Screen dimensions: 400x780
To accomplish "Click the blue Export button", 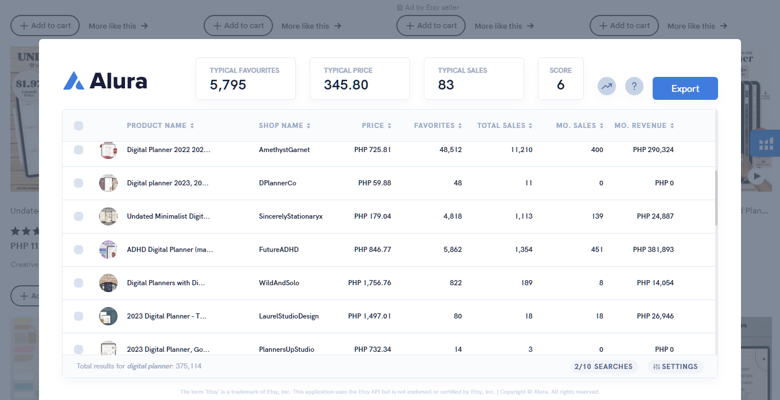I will click(685, 88).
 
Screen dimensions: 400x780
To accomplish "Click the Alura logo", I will click(105, 81).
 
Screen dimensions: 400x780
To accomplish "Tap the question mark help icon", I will click(634, 87).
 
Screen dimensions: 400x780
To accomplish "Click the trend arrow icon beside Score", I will click(606, 87).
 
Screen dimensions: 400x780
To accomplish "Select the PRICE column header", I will click(376, 126).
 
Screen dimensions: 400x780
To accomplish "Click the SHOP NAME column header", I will click(284, 126).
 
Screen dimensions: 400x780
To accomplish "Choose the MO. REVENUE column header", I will click(643, 126).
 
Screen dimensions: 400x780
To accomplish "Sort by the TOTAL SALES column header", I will click(504, 126).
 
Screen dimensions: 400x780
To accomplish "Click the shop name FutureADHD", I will click(279, 250).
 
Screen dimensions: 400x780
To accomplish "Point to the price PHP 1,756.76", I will click(369, 283).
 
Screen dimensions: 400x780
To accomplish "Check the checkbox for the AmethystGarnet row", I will click(79, 150).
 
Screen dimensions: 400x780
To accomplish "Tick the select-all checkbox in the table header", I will click(79, 126).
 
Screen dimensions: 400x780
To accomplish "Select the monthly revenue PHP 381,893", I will click(653, 250).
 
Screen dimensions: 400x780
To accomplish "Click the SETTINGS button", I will click(675, 367).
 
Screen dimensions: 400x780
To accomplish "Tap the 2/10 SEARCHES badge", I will click(603, 367).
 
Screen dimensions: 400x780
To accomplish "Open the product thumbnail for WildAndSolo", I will click(108, 283).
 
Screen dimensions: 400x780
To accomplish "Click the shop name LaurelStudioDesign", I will click(288, 316).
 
